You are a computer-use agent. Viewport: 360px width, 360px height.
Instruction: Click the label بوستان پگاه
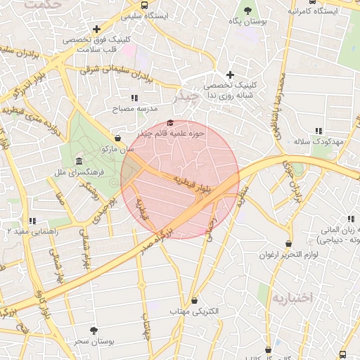pyautogui.click(x=249, y=22)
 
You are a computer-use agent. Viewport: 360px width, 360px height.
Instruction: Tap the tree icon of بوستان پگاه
pyautogui.click(x=248, y=10)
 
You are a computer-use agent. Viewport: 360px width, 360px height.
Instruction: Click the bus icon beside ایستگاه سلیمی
pyautogui.click(x=144, y=5)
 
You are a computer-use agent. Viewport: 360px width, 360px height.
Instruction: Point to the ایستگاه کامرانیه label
pyautogui.click(x=310, y=11)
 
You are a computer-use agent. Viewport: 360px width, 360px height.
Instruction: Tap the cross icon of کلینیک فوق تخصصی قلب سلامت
pyautogui.click(x=96, y=29)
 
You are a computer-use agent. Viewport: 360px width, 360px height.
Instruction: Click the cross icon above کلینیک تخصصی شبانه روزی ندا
pyautogui.click(x=229, y=75)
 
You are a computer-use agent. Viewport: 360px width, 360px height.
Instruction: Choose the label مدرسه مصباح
pyautogui.click(x=134, y=109)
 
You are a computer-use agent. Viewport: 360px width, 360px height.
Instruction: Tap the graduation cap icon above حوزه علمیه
pyautogui.click(x=169, y=122)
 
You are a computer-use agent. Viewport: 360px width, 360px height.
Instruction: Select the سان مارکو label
pyautogui.click(x=117, y=149)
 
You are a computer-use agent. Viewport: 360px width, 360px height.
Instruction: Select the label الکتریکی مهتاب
pyautogui.click(x=194, y=311)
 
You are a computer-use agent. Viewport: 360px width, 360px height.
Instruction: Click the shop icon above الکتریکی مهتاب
pyautogui.click(x=194, y=300)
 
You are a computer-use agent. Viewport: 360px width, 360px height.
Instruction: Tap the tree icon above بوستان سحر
pyautogui.click(x=94, y=330)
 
